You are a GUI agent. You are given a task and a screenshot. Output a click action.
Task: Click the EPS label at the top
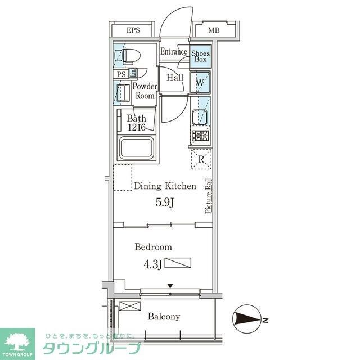coord(133,30)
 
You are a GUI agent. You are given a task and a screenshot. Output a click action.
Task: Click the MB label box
coord(214,30)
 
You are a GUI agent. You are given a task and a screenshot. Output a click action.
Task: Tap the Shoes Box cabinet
coord(200,56)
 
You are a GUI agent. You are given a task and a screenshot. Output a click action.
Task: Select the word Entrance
coord(174,52)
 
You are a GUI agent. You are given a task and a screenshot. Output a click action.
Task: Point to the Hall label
coord(174,78)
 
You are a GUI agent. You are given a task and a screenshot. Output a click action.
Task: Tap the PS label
coord(121,74)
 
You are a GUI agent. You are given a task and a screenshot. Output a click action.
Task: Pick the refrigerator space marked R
coord(201,160)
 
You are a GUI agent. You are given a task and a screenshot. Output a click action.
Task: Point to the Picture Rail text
coord(208,196)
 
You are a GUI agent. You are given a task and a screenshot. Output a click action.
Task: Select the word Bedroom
coord(153,247)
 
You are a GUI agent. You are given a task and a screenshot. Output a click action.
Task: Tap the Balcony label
coord(164,317)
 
